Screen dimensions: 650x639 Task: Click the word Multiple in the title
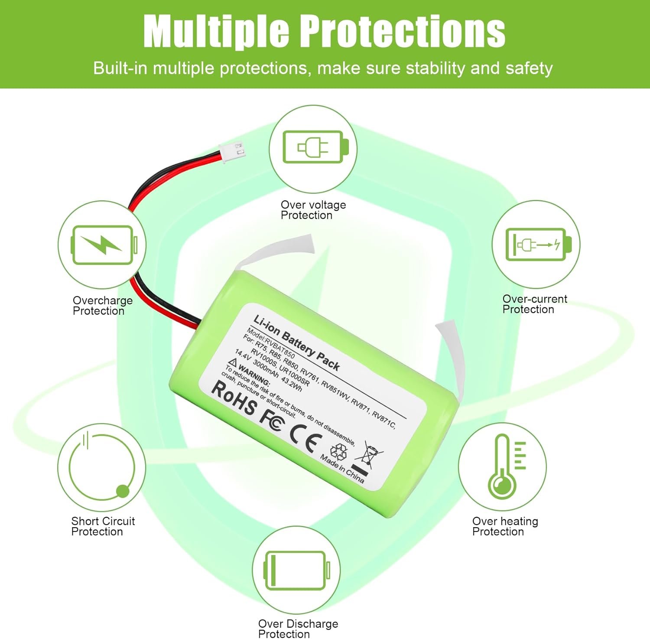point(216,31)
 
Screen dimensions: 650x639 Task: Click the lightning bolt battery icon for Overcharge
point(104,245)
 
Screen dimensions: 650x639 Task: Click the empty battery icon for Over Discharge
point(297,570)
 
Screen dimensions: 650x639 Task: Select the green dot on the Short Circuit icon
point(123,491)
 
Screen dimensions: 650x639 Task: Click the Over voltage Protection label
point(313,210)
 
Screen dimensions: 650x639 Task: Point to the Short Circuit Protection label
point(103,526)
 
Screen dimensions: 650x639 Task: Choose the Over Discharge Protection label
point(298,629)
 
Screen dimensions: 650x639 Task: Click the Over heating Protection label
point(505,526)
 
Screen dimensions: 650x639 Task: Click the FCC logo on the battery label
point(272,418)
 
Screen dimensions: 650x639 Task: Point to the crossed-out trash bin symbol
point(367,456)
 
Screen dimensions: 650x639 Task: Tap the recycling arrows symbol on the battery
point(338,451)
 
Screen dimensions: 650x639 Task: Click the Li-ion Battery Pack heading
point(296,342)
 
